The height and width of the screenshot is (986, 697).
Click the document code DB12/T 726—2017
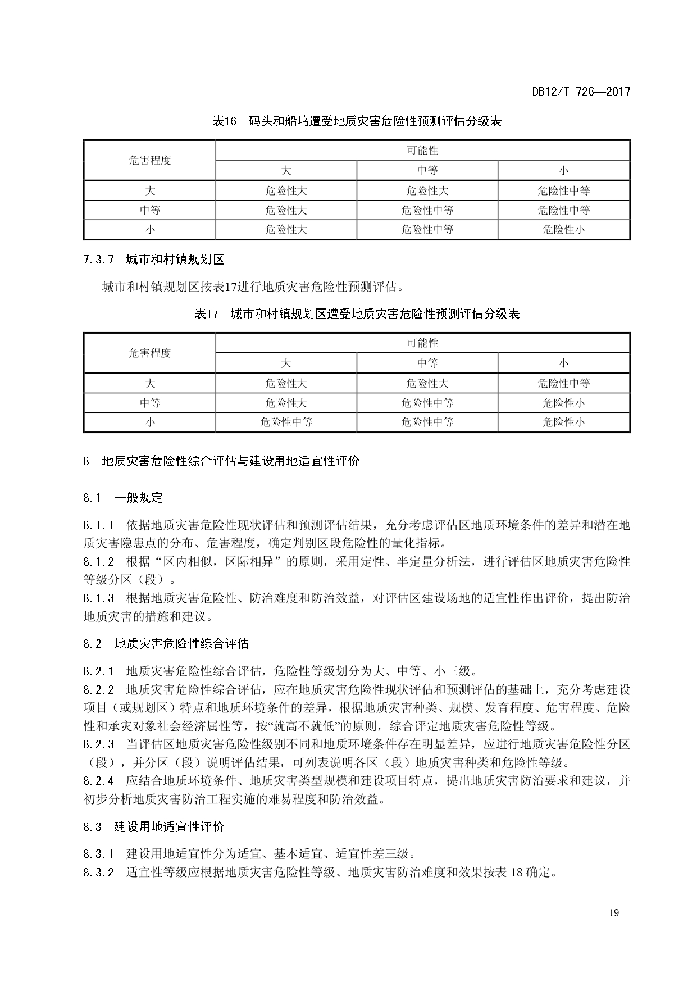[581, 92]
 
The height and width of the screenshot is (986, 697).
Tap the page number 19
[613, 912]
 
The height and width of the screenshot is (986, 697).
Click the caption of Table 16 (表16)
[357, 121]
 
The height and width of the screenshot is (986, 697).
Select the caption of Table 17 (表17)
[357, 314]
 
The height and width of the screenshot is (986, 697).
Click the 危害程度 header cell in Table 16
[149, 161]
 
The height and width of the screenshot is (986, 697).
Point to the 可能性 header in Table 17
[422, 343]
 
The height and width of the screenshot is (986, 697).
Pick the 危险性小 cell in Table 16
[563, 230]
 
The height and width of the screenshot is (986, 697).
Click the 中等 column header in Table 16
[427, 171]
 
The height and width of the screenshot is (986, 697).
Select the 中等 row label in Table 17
[149, 403]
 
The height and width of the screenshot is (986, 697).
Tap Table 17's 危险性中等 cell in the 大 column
[286, 422]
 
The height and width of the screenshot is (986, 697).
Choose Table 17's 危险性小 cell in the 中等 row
[563, 403]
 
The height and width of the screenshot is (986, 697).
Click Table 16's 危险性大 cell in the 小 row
[286, 230]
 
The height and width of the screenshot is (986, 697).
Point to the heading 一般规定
[138, 498]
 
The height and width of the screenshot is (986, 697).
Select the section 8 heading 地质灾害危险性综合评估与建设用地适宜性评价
[230, 462]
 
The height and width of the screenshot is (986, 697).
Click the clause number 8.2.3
[98, 744]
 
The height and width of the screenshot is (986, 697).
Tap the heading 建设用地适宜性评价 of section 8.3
[169, 827]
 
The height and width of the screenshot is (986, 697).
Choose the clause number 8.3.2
[98, 873]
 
